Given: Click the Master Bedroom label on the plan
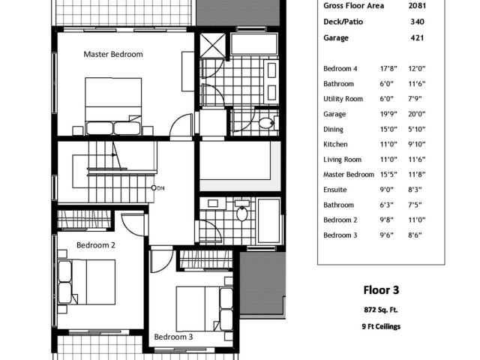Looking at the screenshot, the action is [113, 54].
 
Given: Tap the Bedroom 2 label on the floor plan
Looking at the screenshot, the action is [96, 245].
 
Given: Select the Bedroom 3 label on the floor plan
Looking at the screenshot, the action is [173, 337].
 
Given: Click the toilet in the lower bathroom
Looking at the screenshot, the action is [242, 211].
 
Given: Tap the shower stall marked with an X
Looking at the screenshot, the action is [213, 45].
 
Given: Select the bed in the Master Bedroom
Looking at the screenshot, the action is [113, 106].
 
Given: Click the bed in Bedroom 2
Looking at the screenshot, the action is [87, 282].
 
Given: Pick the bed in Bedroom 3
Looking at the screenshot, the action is [204, 309].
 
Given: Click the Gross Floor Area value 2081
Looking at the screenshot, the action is [417, 5].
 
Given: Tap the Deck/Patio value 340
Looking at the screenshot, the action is [418, 22].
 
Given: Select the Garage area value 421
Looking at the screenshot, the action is [417, 38].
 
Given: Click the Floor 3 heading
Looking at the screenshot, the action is [381, 290].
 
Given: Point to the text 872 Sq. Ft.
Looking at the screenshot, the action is [381, 310].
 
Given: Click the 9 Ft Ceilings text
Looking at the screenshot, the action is [381, 327].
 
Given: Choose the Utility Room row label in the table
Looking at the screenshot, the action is [343, 99].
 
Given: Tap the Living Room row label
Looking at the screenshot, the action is [343, 160].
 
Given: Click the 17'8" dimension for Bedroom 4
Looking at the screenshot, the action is [388, 68].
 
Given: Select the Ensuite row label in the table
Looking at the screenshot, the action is [335, 190].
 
